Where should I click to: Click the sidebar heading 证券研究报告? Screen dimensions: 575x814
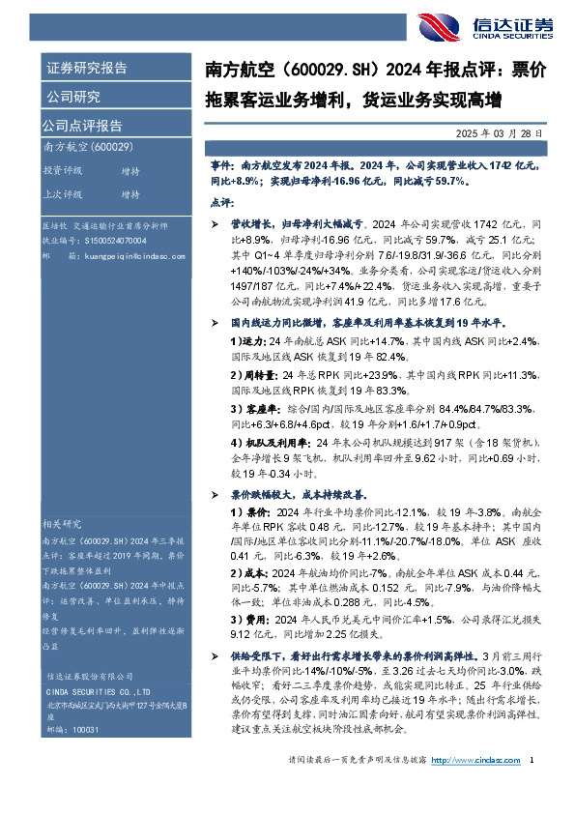click(x=86, y=69)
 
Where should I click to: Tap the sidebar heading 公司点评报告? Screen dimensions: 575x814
click(x=81, y=125)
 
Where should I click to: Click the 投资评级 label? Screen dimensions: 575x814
click(x=63, y=170)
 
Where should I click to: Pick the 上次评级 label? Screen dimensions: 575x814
click(x=63, y=194)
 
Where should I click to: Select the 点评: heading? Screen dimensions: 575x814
click(x=221, y=204)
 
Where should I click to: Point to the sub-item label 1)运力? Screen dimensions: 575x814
click(x=246, y=341)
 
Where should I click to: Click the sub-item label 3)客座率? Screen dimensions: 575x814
click(x=251, y=407)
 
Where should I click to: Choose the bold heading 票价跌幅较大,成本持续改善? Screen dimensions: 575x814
click(x=302, y=493)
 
